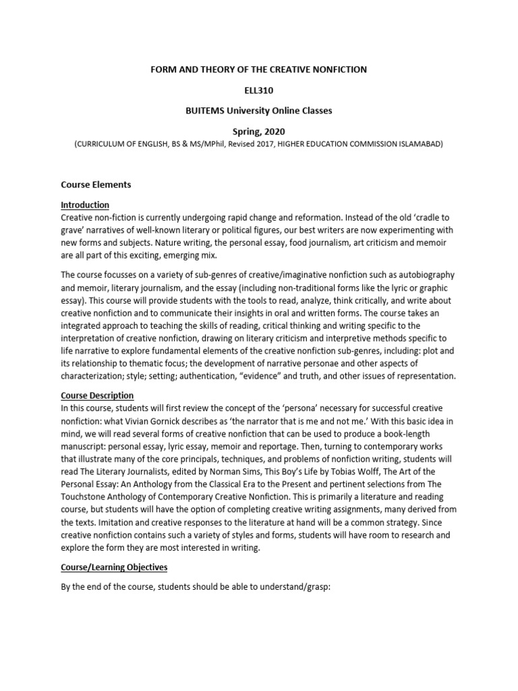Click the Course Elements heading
96,184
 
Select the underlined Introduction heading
85,205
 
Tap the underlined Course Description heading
97,395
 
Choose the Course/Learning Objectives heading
114,568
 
